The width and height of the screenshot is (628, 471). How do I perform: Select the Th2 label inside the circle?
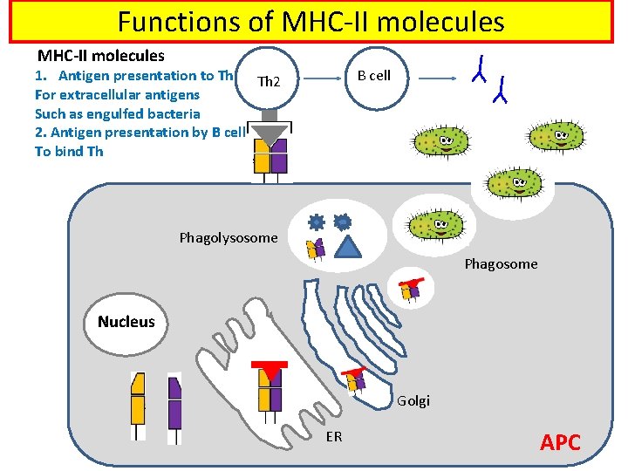point(269,83)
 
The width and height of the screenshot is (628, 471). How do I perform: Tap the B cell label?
point(374,76)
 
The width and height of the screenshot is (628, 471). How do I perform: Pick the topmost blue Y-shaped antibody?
point(479,67)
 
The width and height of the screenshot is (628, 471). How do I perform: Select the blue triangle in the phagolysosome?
point(348,248)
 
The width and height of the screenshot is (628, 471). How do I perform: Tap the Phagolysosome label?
point(228,237)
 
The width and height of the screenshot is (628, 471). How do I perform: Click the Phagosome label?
point(501,263)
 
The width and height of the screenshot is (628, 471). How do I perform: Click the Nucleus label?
point(126,322)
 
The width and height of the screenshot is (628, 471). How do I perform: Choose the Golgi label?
point(413,401)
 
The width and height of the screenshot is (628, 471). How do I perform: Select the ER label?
point(334,436)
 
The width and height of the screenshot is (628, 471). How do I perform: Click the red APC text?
point(560,442)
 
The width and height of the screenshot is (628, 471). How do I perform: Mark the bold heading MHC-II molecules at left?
point(100,56)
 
